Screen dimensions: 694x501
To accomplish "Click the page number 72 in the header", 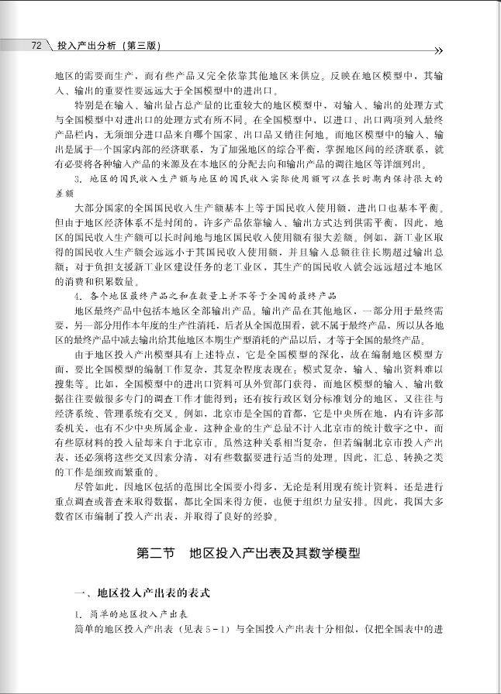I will tap(36, 46).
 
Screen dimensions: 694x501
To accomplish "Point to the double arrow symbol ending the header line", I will tap(437, 51).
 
